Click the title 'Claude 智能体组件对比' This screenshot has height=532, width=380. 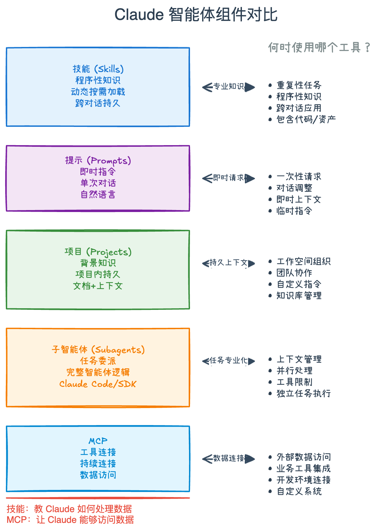pos(196,15)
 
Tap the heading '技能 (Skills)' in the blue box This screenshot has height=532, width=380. pos(98,69)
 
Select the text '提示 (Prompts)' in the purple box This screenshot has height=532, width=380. pos(98,160)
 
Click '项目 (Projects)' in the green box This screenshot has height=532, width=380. pos(98,252)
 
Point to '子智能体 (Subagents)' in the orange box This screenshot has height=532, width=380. pos(98,350)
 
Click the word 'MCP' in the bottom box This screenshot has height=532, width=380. pos(98,441)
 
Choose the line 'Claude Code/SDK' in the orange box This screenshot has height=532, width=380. pos(98,384)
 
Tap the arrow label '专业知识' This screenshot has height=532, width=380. pos(229,86)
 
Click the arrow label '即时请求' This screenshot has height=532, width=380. pos(229,178)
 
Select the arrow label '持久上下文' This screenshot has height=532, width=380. pos(228,263)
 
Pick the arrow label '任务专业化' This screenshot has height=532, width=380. pos(228,360)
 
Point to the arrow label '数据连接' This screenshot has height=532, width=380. pos(229,458)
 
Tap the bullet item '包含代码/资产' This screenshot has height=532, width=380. pos(306,119)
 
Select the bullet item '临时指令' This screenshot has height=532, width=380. pos(294,211)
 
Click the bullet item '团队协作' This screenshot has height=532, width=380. pos(294,273)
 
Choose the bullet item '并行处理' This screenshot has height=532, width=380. pos(294,371)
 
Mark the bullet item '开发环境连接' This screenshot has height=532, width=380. pos(303,480)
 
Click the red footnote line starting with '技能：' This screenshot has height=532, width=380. pos(69,509)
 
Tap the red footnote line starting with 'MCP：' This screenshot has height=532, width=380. pos(70,520)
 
